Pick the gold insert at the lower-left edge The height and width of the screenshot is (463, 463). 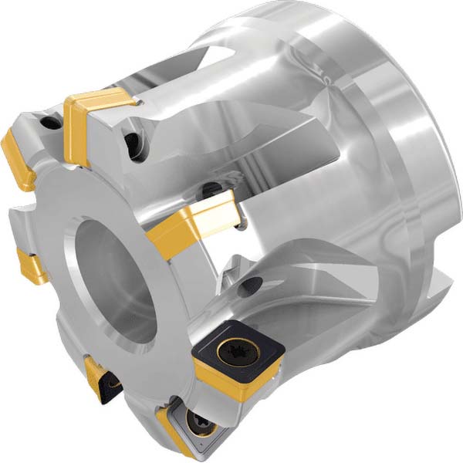[x=32, y=266]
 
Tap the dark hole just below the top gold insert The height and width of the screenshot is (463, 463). [x=133, y=142]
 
